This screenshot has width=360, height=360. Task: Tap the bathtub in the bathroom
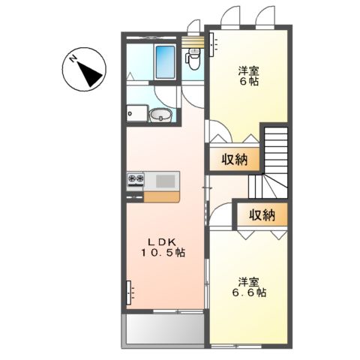(164, 61)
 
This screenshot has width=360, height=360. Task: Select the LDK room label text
(160, 241)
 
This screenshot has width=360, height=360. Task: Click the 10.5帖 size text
(160, 253)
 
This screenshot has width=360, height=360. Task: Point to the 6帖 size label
(250, 82)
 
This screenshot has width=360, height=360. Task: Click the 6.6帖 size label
(250, 292)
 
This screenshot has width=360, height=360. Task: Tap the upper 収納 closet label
(235, 159)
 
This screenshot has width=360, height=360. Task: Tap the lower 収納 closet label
(262, 214)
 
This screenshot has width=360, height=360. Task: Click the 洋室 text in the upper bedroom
(250, 70)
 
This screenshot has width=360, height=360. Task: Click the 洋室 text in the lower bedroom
(250, 280)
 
